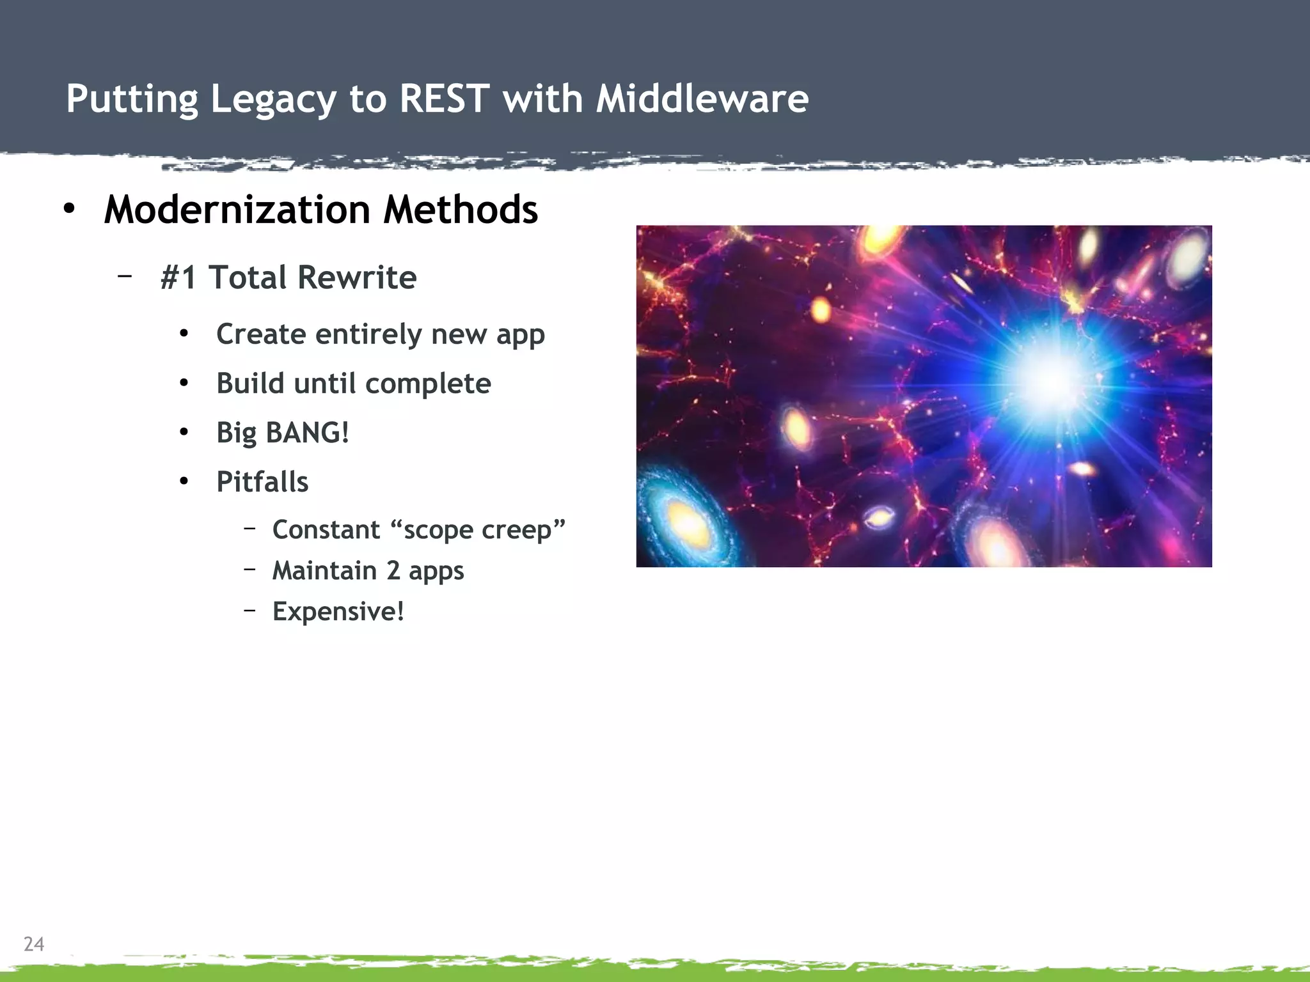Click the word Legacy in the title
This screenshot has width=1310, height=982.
(273, 100)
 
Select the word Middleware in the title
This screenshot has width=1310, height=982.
(702, 99)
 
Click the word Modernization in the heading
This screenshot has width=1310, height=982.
(237, 210)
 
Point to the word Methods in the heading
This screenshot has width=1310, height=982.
(461, 210)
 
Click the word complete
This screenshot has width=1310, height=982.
(427, 384)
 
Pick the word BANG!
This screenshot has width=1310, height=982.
(307, 433)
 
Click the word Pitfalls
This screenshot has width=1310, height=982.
(262, 482)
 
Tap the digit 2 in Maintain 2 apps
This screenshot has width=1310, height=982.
(393, 571)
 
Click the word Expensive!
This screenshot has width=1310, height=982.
(338, 612)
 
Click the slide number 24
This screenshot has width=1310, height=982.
(34, 944)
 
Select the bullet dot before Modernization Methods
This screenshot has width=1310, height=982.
(69, 208)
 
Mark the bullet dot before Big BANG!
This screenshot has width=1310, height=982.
(184, 433)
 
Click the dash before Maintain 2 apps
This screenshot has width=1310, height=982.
(250, 569)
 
